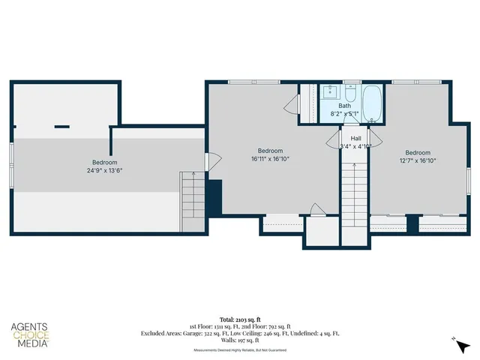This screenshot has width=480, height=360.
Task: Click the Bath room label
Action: point(344,106)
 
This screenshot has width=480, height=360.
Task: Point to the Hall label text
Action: point(355,138)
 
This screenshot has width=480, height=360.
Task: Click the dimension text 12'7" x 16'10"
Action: point(418,160)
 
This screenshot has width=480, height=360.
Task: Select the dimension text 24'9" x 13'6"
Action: point(104,170)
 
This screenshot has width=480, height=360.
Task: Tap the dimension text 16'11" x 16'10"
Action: point(270,158)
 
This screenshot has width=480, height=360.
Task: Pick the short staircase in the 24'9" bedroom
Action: point(191,199)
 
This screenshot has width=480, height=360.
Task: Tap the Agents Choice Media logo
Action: point(29,335)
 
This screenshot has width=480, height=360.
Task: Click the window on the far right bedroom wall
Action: point(468,184)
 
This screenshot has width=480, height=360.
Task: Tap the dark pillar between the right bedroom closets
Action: point(411,223)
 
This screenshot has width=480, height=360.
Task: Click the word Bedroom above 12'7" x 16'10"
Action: point(418,151)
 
